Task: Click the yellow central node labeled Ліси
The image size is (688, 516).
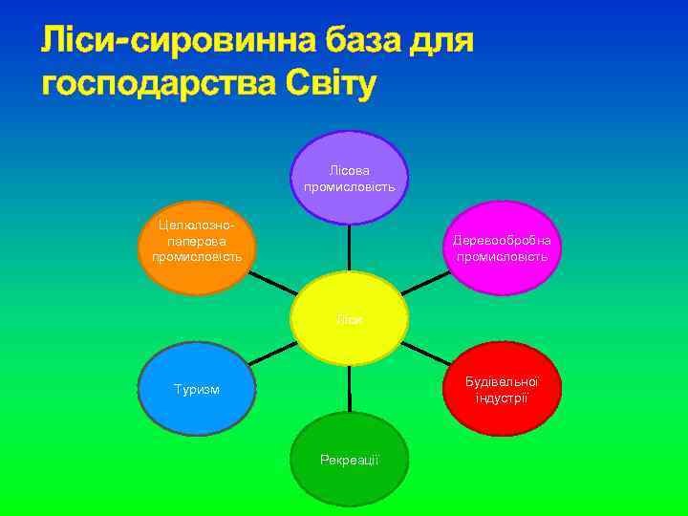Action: [349, 319]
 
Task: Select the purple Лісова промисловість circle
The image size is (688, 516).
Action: [349, 177]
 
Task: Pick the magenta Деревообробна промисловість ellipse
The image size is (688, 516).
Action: [502, 248]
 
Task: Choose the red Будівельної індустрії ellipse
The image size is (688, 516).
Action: [502, 389]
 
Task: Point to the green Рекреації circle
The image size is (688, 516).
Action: [349, 460]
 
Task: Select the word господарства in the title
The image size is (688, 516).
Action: [158, 84]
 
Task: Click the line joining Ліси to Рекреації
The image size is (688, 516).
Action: [350, 389]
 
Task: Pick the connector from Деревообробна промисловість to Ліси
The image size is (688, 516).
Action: [426, 283]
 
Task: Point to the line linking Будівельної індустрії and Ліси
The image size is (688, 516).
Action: [426, 355]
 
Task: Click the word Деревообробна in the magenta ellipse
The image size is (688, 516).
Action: [502, 241]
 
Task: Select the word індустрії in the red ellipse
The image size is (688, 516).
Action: [502, 397]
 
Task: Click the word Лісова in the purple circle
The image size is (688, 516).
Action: [349, 169]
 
